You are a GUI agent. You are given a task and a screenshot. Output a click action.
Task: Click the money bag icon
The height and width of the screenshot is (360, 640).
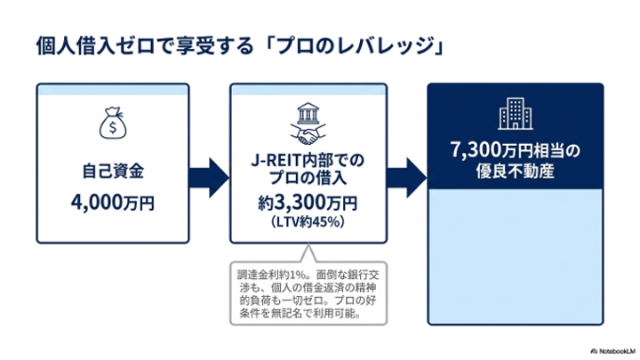tap(113, 123)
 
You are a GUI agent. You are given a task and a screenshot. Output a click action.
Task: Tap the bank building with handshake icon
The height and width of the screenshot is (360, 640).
tap(308, 124)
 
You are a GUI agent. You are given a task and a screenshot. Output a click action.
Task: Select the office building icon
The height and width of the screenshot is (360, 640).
tap(516, 114)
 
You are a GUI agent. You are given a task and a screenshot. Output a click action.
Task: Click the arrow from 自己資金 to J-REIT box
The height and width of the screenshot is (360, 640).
tap(209, 178)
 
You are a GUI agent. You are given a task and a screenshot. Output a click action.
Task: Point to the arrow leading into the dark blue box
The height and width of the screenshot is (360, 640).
tap(406, 178)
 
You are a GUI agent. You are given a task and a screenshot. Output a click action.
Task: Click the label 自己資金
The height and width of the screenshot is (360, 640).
tap(113, 171)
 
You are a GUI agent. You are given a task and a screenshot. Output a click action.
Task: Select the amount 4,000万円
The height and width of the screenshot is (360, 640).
tap(113, 202)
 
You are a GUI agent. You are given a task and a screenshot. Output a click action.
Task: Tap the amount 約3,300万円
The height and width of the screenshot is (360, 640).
tap(308, 203)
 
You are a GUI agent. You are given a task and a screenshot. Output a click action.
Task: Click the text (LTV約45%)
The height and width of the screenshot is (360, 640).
tap(308, 221)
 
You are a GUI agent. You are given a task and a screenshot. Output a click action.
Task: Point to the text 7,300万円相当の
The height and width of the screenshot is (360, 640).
tap(515, 150)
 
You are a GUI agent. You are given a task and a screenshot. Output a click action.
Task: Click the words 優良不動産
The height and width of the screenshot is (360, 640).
tap(515, 171)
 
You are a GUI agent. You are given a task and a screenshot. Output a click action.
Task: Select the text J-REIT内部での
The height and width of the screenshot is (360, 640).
tap(308, 160)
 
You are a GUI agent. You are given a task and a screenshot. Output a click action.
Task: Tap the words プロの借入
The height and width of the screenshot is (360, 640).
tap(308, 178)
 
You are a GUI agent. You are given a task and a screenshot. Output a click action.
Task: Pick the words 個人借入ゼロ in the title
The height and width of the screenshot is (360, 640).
tap(95, 45)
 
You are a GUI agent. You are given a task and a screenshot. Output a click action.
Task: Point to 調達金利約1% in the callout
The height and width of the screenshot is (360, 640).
tap(271, 275)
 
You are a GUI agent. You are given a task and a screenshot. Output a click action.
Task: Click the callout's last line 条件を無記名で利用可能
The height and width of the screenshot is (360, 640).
tap(300, 314)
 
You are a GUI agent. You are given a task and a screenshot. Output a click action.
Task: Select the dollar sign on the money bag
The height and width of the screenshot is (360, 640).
tap(113, 127)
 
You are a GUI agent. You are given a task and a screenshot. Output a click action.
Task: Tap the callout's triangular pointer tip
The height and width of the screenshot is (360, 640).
tap(308, 245)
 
